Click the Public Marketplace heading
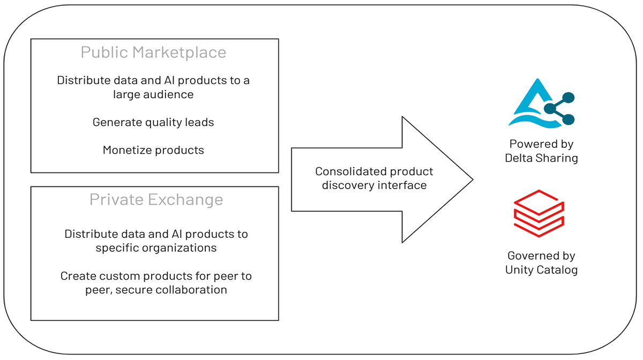(x=153, y=52)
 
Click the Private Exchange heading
(x=156, y=200)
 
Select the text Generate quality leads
(x=153, y=122)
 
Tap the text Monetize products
(x=153, y=150)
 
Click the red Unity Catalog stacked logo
(x=539, y=214)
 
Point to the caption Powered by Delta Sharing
(x=541, y=151)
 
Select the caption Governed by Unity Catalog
(x=541, y=262)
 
